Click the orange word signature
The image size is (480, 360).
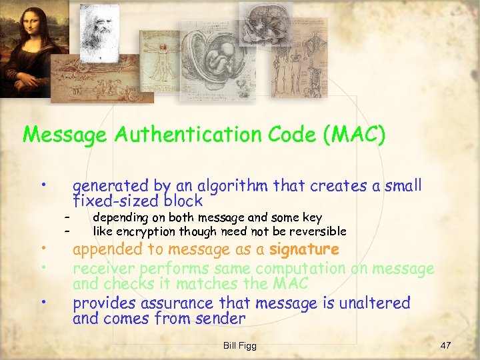pyautogui.click(x=304, y=250)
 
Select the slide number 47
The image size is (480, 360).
pyautogui.click(x=446, y=345)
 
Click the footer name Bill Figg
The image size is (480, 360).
pyautogui.click(x=239, y=345)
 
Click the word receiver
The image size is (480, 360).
pyautogui.click(x=104, y=269)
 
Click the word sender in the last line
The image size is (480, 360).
pyautogui.click(x=220, y=319)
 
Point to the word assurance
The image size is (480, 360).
pyautogui.click(x=178, y=303)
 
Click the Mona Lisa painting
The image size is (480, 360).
pyautogui.click(x=23, y=47)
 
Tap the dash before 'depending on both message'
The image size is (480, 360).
pyautogui.click(x=67, y=217)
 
